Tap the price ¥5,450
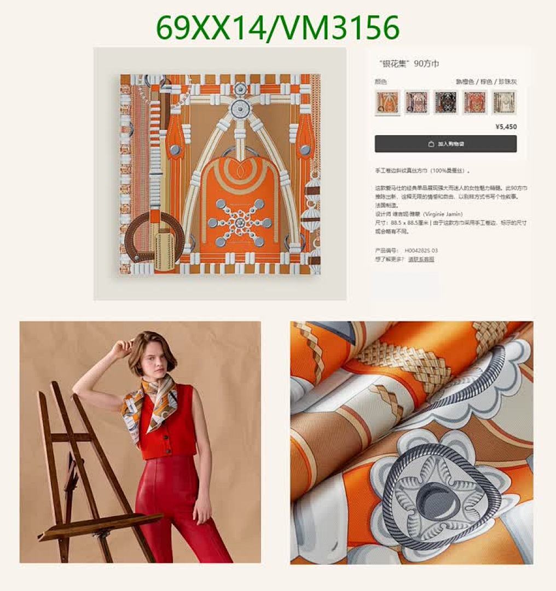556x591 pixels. (x=505, y=127)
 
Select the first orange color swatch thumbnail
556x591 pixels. (x=387, y=102)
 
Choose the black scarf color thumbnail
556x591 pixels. (x=445, y=102)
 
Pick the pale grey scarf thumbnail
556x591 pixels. (x=503, y=102)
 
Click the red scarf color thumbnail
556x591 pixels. (x=474, y=102)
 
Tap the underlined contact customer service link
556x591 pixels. (x=421, y=259)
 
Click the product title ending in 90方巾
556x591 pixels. (x=409, y=64)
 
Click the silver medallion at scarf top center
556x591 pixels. (x=240, y=108)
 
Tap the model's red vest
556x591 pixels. (x=170, y=430)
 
